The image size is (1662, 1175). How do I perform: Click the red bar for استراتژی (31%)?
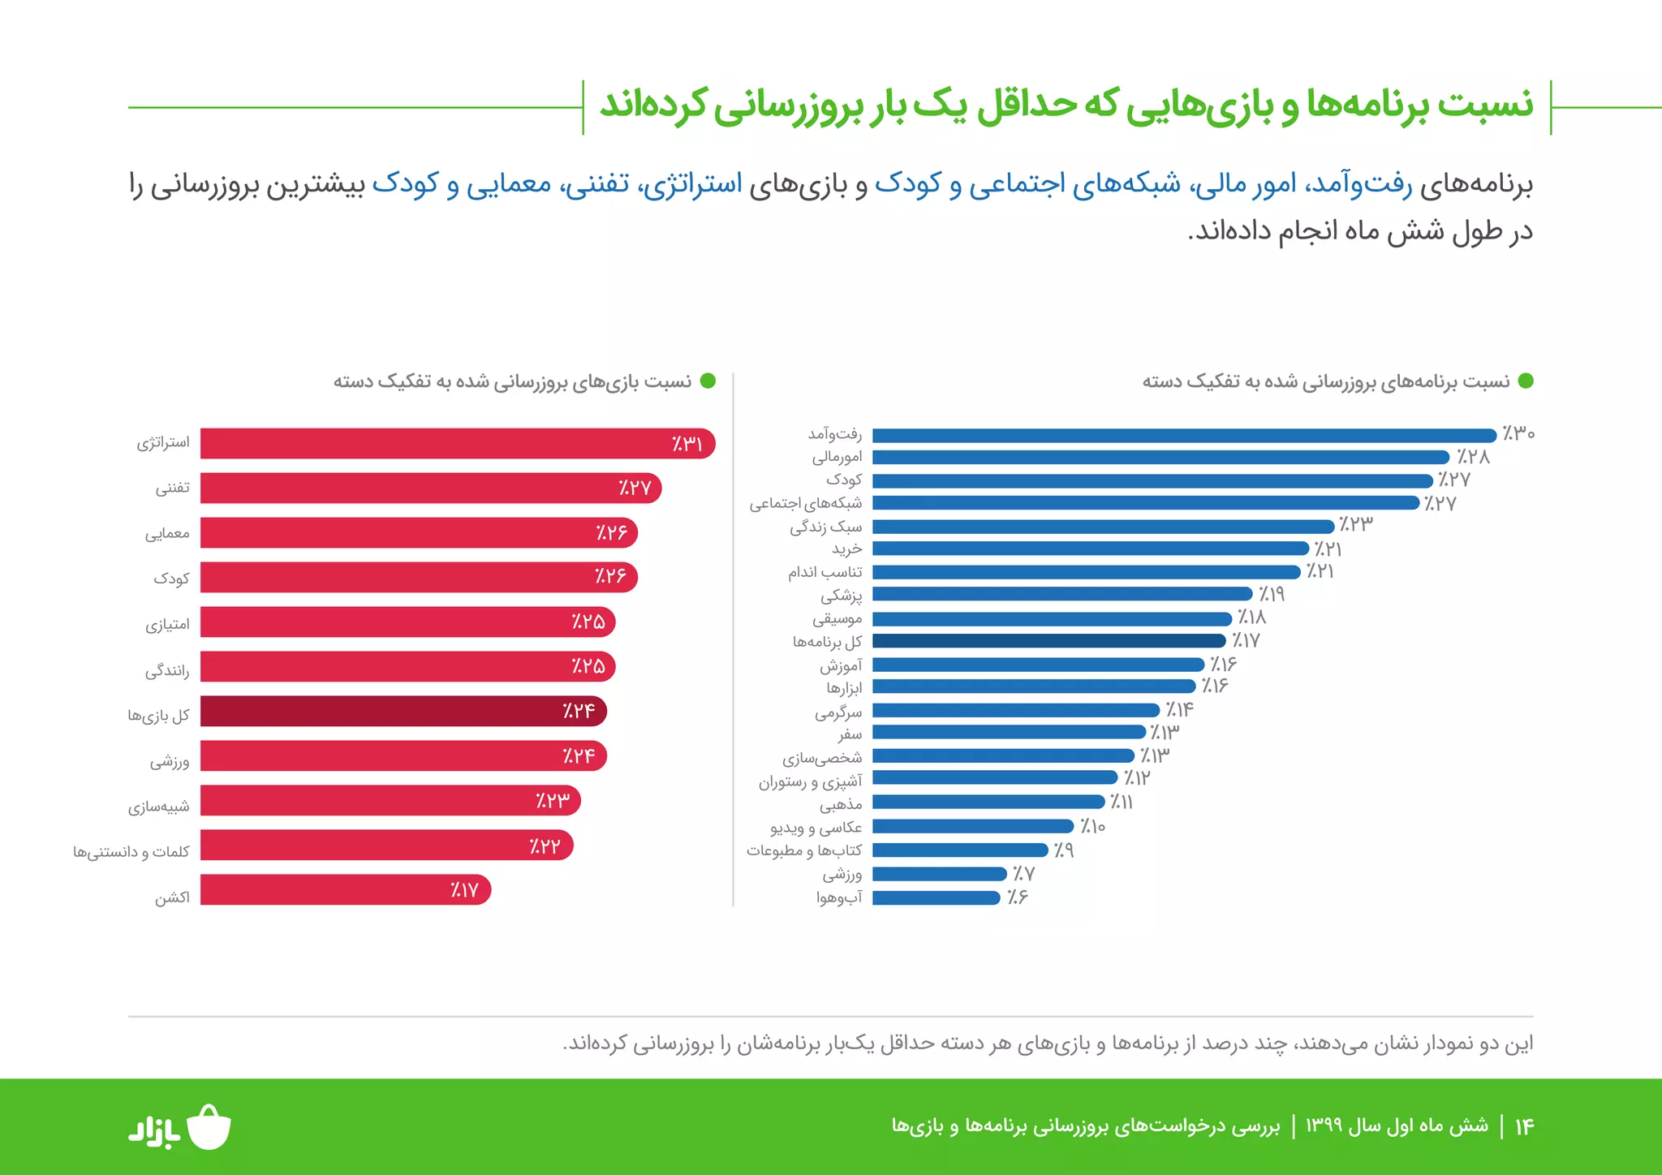[454, 444]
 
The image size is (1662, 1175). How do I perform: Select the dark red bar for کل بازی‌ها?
[402, 711]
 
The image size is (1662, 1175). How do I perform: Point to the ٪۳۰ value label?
[1518, 433]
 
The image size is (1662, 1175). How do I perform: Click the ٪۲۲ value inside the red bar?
[545, 846]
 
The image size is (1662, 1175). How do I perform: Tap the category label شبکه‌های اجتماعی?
[805, 504]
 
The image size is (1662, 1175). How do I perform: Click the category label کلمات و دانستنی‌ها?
[131, 852]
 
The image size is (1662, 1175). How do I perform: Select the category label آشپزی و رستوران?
[810, 781]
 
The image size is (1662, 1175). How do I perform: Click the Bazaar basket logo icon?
[209, 1127]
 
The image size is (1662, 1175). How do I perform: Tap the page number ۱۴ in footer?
[1524, 1126]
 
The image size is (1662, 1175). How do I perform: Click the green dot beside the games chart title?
[708, 381]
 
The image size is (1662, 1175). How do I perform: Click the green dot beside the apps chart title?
[1526, 381]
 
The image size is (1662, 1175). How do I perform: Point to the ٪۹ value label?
[1063, 850]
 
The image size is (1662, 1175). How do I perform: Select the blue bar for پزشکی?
[1061, 594]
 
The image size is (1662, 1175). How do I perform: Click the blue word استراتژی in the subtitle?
[692, 184]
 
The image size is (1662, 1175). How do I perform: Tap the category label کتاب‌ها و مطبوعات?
[803, 850]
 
